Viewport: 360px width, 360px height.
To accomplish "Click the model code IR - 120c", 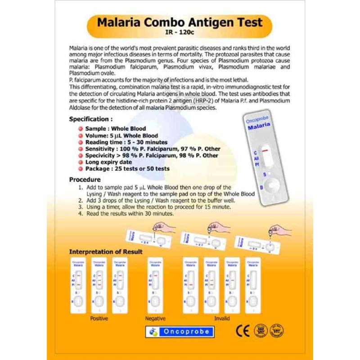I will click(x=180, y=33).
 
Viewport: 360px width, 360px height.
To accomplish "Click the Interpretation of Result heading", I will click(x=106, y=252).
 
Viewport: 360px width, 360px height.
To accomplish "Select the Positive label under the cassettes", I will click(x=99, y=318).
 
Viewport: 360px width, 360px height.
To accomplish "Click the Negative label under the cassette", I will click(x=155, y=318).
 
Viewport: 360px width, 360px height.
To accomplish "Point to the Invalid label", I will click(x=221, y=318).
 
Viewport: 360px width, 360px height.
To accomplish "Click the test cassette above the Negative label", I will click(x=155, y=285).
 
